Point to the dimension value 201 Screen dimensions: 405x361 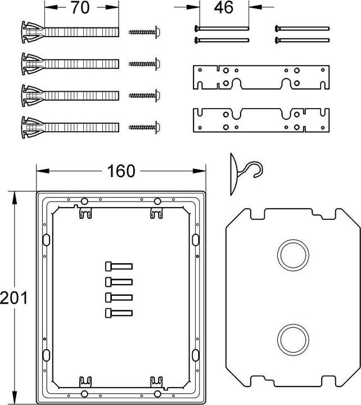click(x=13, y=297)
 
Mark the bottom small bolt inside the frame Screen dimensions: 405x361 click(x=118, y=312)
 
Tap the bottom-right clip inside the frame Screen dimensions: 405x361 click(x=157, y=382)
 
